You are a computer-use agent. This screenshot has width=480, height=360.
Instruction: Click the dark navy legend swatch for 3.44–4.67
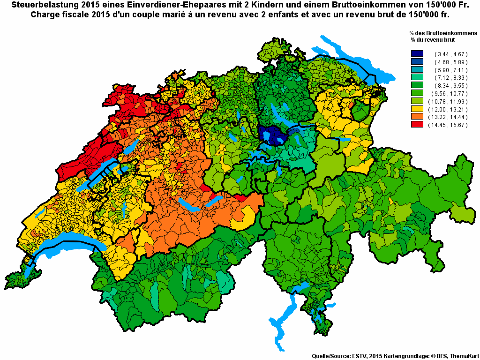coord(417,54)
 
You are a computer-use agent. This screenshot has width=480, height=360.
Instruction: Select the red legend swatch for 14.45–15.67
coord(417,125)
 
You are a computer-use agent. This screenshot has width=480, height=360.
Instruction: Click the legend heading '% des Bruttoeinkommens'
coord(442,34)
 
